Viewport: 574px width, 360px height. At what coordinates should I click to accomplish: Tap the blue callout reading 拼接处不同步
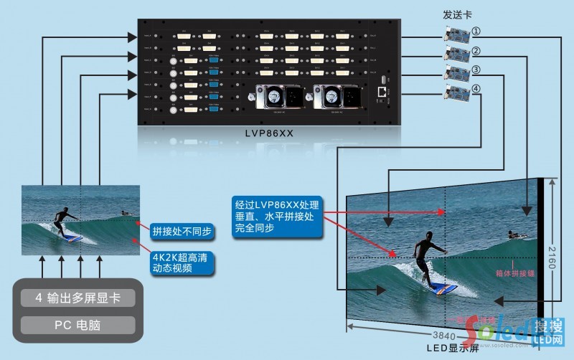point(182,232)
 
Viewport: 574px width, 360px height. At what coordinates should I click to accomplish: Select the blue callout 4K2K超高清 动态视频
point(182,261)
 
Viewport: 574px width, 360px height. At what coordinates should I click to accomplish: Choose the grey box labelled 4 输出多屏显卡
point(77,299)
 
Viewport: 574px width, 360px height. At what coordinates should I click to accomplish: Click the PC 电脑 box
point(77,325)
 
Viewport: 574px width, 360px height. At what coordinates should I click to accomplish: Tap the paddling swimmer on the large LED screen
point(515,235)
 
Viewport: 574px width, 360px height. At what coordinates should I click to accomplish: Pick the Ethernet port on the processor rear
point(380,92)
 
